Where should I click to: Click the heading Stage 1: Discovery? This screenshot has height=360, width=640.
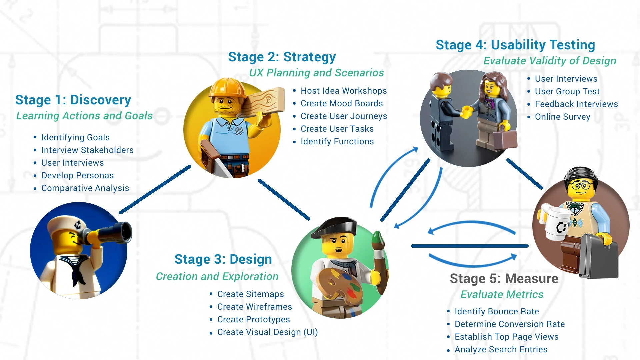point(73,100)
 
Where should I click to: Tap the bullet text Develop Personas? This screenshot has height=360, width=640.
point(77,175)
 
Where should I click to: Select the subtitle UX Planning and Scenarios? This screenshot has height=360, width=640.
point(316,73)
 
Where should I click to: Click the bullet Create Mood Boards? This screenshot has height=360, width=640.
point(341,103)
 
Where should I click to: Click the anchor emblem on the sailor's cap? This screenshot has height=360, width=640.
point(78,224)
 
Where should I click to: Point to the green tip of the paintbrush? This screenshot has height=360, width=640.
point(377,238)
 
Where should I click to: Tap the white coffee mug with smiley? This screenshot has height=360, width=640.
point(556,223)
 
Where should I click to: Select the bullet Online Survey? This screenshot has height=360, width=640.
point(562,117)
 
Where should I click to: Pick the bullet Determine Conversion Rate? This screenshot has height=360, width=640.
point(509,324)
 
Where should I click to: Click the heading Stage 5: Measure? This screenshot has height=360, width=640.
point(504,279)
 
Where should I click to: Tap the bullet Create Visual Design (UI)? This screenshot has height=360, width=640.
point(267,332)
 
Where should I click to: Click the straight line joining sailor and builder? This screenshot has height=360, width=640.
point(155,189)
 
